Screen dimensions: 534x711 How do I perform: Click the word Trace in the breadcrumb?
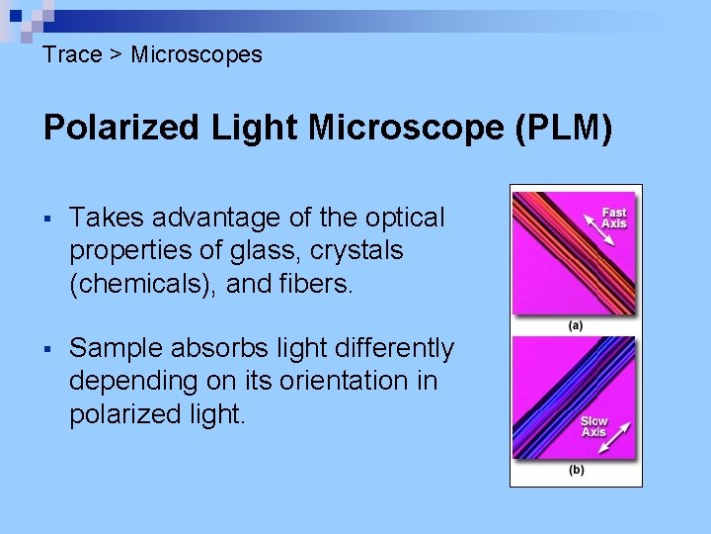72,54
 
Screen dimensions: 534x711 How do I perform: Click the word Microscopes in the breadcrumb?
197,54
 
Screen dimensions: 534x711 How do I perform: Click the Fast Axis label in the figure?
614,218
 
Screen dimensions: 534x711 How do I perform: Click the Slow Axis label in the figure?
593,426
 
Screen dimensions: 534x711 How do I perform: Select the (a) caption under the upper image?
576,324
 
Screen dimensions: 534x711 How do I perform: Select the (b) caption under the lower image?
576,470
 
